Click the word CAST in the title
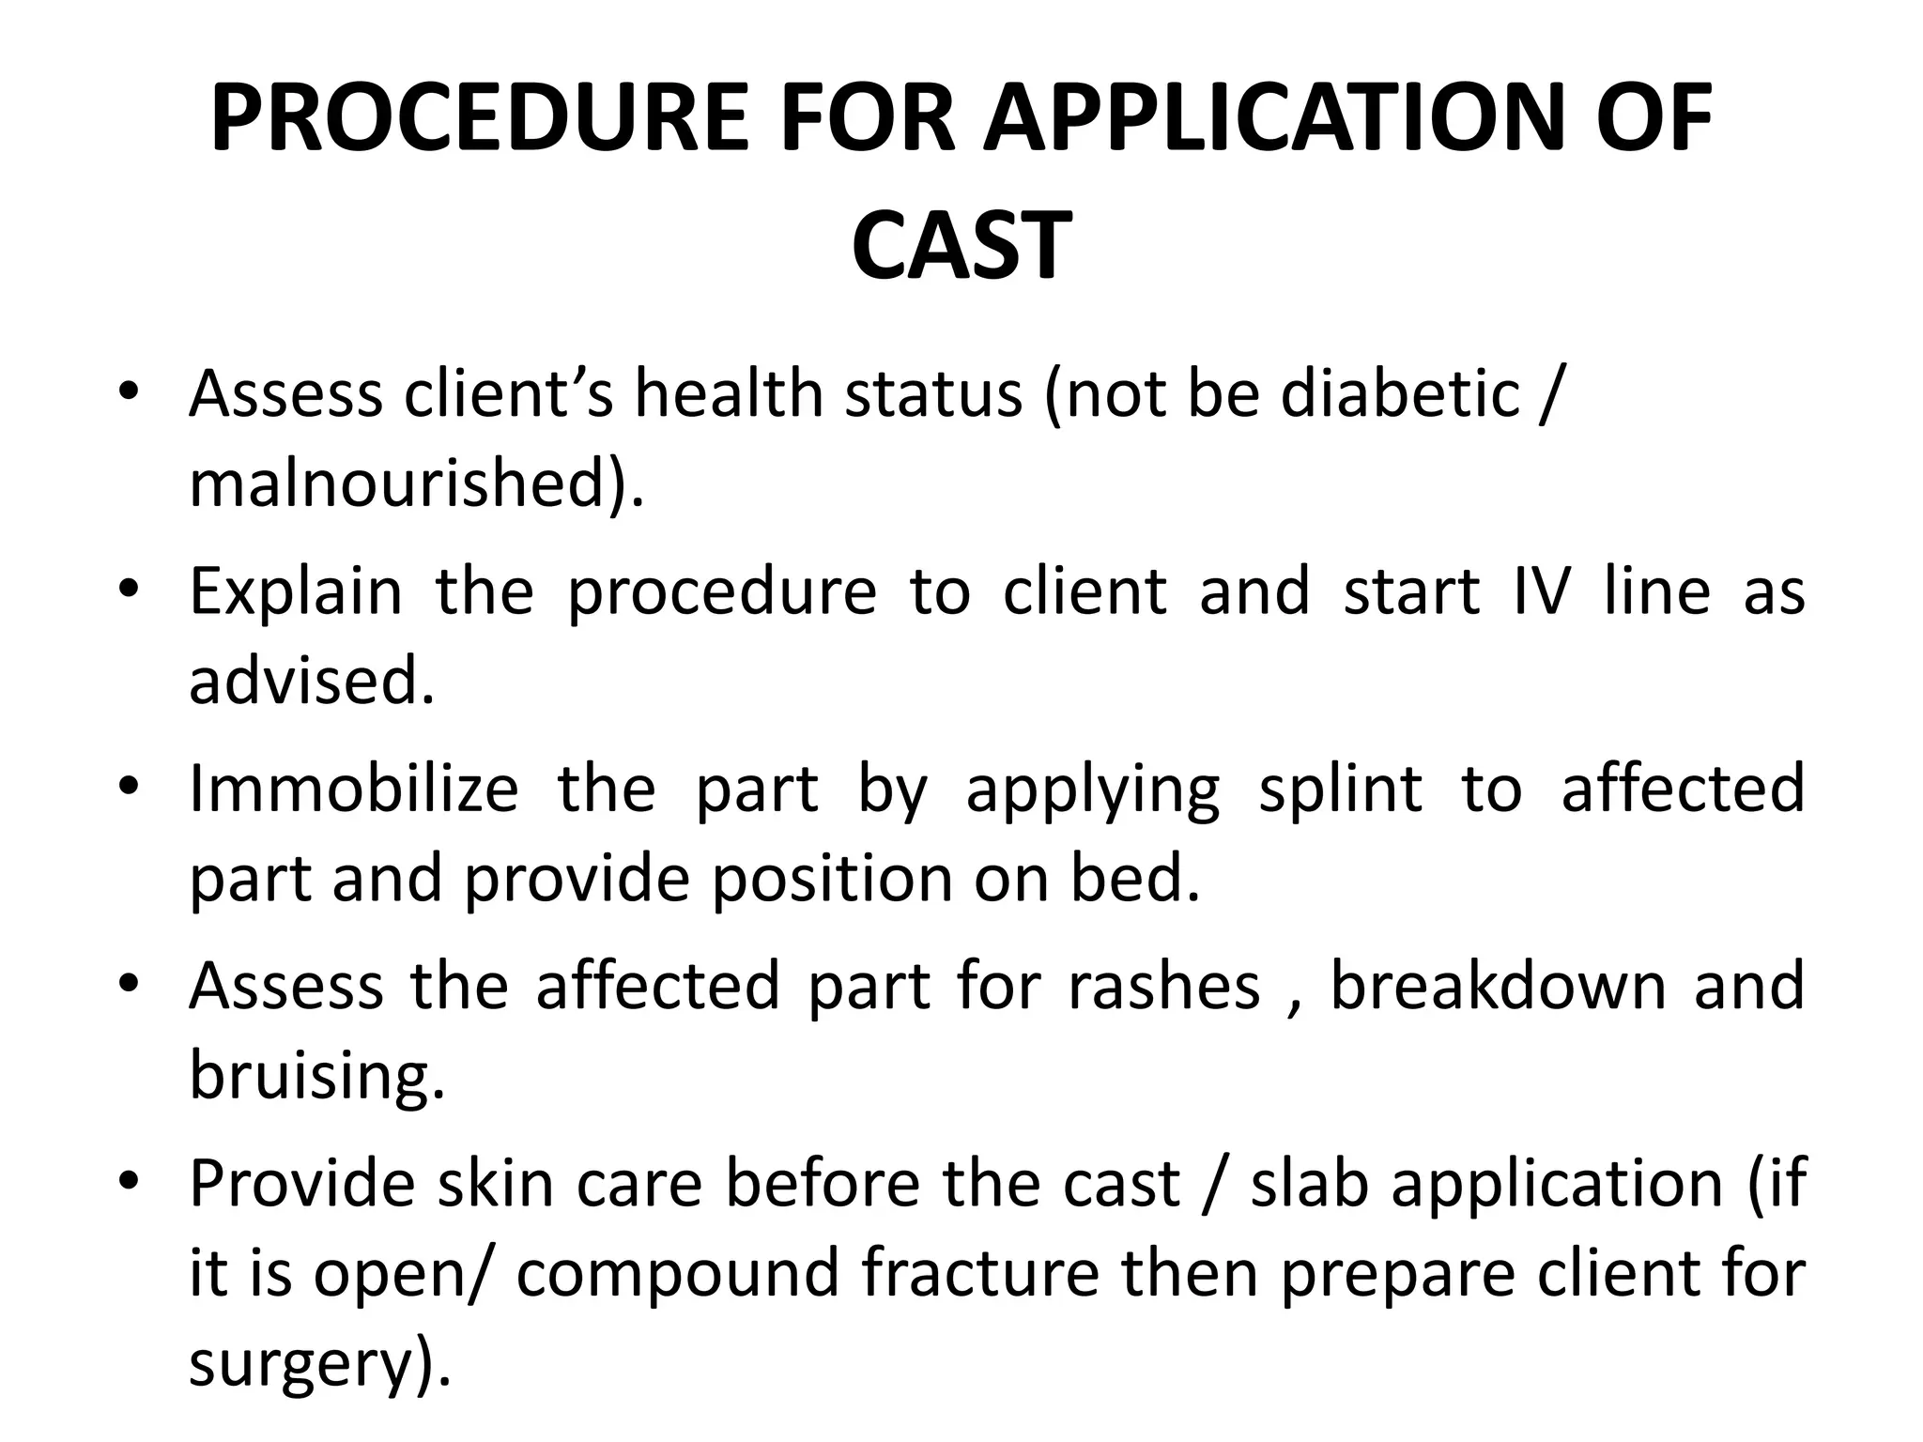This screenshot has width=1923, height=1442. (961, 246)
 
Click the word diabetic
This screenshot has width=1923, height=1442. (1400, 393)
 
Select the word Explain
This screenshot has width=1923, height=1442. (296, 591)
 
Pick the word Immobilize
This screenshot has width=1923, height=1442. (353, 789)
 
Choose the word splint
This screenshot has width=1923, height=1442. (1340, 789)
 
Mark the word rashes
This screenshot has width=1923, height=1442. (1164, 986)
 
